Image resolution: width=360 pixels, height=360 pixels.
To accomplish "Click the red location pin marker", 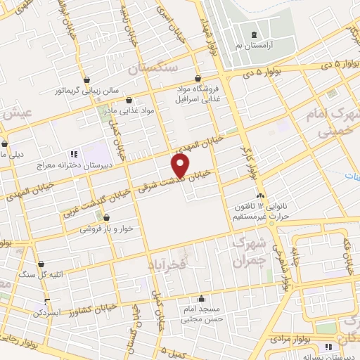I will pyautogui.click(x=180, y=165).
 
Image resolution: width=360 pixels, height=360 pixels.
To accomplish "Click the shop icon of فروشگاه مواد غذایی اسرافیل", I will pyautogui.click(x=199, y=78).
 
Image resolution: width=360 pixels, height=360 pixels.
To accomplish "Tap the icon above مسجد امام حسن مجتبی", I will pyautogui.click(x=202, y=298).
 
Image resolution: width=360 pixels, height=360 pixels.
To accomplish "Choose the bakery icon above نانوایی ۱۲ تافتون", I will pyautogui.click(x=261, y=195).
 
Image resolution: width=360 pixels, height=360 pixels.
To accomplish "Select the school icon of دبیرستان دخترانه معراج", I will pyautogui.click(x=72, y=154).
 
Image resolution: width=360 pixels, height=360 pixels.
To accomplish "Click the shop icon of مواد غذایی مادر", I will pyautogui.click(x=129, y=101).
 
